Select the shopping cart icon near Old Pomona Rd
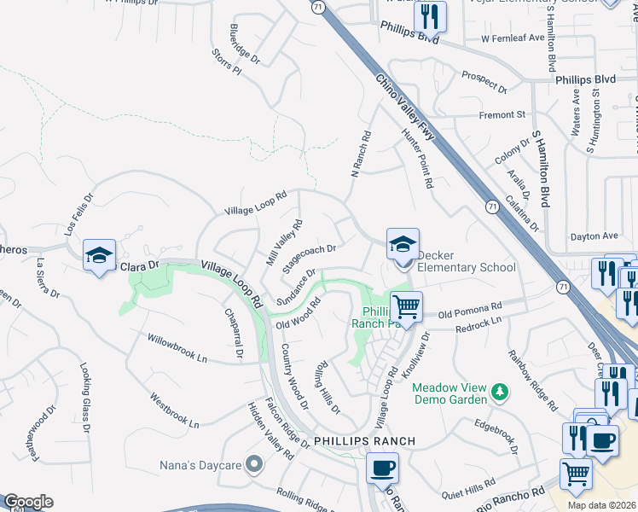click(x=407, y=305)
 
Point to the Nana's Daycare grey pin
click(x=253, y=465)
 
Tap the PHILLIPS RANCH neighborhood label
click(x=364, y=441)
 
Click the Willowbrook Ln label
click(x=177, y=347)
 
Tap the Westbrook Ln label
click(x=174, y=410)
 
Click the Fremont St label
click(x=502, y=113)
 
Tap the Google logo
click(x=28, y=502)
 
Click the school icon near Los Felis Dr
click(x=99, y=254)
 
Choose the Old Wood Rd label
click(x=298, y=312)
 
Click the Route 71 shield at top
click(x=318, y=6)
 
